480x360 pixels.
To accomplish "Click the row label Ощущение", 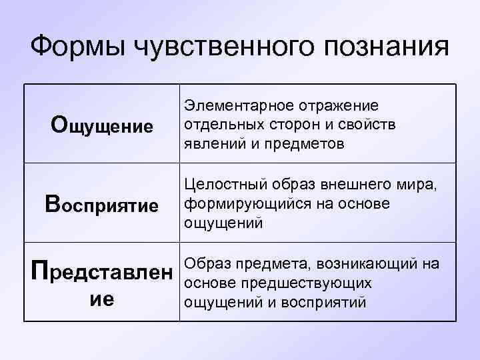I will (x=102, y=125).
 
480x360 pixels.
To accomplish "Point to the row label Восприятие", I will (x=102, y=204).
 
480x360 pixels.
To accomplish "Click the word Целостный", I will (x=222, y=185).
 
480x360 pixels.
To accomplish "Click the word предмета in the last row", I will (x=263, y=264).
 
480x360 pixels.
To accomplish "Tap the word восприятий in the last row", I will (x=323, y=301).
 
